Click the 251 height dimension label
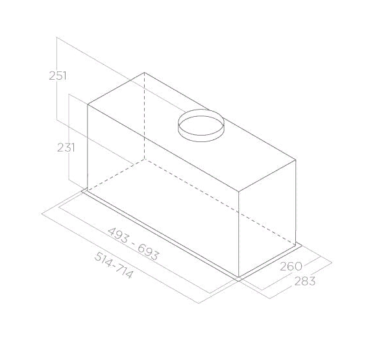coord(58,75)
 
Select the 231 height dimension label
coord(66,147)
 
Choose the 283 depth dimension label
coord(305,281)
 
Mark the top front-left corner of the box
coord(87,102)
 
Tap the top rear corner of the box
coord(145,73)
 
